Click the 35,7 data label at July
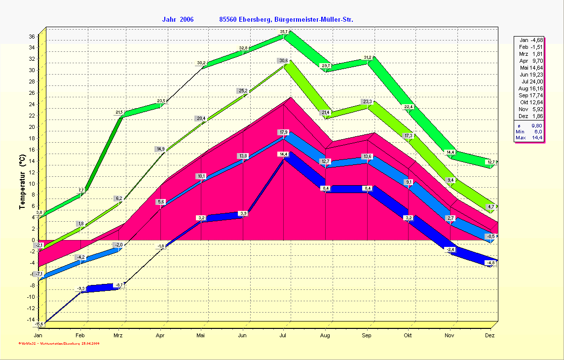(284, 32)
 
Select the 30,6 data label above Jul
(283, 61)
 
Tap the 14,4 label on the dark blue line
(283, 155)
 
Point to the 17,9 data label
(283, 132)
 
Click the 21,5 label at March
(119, 113)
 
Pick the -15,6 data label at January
(39, 324)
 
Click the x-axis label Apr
(160, 335)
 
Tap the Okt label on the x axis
(408, 335)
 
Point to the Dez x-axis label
(489, 335)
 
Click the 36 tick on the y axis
(31, 37)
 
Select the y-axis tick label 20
(31, 127)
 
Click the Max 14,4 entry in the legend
(529, 137)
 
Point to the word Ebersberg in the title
(254, 20)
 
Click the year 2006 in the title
(187, 20)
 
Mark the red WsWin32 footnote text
(59, 343)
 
